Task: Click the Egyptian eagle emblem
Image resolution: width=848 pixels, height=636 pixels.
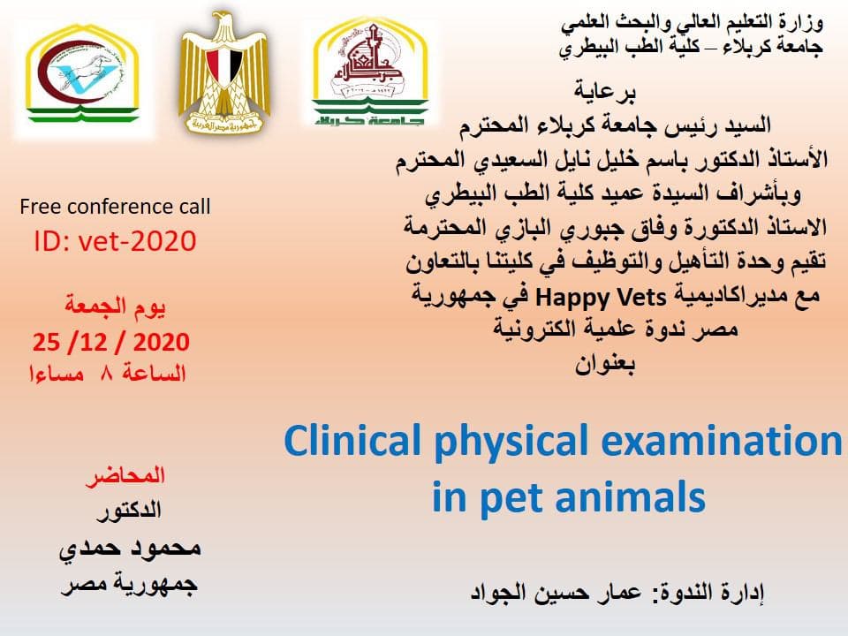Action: point(224,73)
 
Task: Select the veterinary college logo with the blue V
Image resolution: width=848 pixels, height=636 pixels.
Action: point(82,74)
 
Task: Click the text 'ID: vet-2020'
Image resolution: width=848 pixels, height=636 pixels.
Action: point(115,241)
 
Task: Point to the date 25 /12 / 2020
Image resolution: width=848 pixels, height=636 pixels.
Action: point(111,343)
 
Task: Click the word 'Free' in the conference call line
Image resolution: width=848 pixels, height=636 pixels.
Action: point(42,207)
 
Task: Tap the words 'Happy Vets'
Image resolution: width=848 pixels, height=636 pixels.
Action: point(601,298)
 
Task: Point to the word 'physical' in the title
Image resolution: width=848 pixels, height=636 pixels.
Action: point(511,443)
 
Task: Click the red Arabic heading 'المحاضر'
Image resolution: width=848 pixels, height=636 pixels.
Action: point(125,476)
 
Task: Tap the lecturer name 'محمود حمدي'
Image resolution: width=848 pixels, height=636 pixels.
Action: point(130,548)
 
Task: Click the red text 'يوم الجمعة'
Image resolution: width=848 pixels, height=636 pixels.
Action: point(115,307)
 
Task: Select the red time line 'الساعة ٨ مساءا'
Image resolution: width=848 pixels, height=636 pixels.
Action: point(108,374)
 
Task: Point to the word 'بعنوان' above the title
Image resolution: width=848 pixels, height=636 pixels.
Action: point(604,365)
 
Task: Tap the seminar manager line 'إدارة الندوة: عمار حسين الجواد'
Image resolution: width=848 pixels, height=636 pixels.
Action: point(617,592)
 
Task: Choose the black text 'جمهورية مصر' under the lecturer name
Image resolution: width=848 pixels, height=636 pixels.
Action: point(129,585)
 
